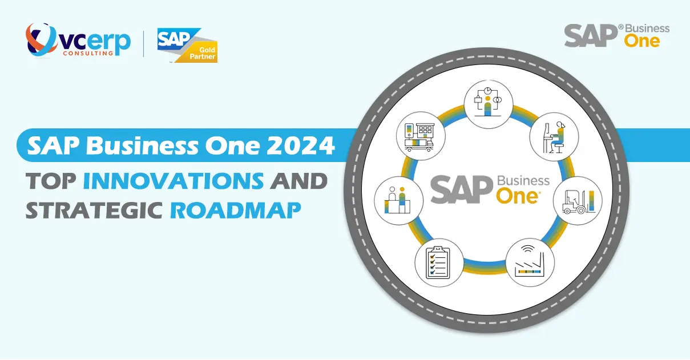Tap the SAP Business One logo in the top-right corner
616,35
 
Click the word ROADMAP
236,209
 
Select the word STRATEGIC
94,209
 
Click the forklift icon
578,200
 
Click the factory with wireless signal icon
530,262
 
